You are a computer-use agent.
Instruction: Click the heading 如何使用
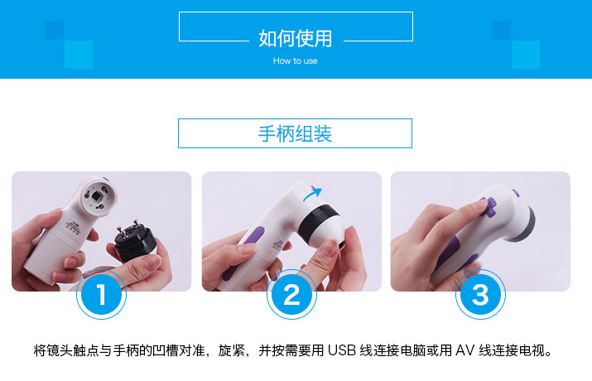296,39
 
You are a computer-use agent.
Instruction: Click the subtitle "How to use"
296,60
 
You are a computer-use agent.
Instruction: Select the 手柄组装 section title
295,133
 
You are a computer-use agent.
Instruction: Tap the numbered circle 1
101,294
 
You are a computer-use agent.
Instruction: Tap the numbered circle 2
291,294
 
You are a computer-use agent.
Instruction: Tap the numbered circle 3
480,294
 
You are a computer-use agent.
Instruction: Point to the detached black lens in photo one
135,241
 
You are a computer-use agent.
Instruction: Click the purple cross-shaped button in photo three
488,206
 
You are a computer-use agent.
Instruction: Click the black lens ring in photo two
318,224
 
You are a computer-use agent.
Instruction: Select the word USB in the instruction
341,350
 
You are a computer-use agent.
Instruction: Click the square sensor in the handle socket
98,196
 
